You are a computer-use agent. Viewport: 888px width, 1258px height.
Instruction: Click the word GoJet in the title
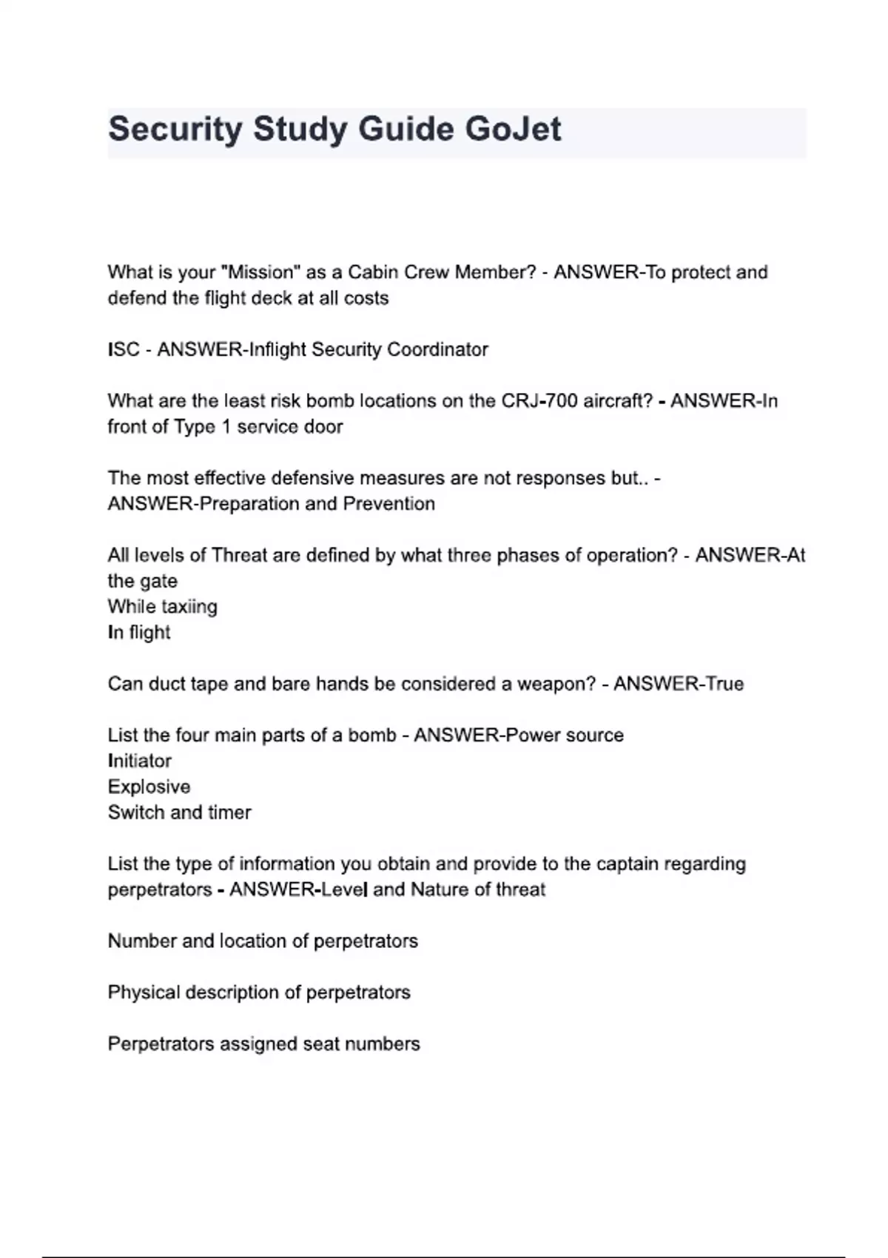pos(513,129)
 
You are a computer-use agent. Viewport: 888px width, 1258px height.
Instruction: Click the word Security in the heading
pos(175,129)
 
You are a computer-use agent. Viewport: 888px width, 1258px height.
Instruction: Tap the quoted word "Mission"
pos(260,272)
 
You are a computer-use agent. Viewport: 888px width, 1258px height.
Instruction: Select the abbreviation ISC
pos(124,349)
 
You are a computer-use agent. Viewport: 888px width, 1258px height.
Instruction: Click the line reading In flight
pos(139,633)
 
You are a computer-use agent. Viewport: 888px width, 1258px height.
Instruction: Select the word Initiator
pos(139,761)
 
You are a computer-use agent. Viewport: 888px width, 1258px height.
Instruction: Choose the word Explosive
pos(149,787)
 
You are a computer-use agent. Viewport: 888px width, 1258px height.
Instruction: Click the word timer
pos(229,813)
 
